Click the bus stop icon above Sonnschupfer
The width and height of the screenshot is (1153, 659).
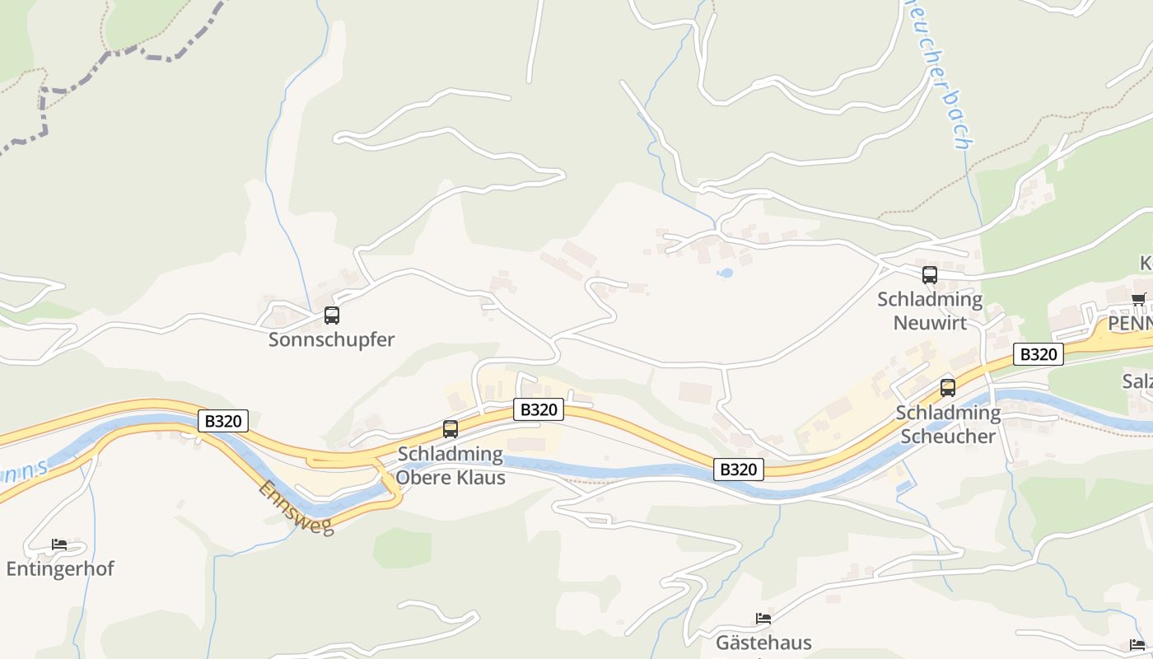[x=332, y=315]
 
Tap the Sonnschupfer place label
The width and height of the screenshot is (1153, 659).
[x=332, y=339]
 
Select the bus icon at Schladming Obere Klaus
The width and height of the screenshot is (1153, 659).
[x=450, y=428]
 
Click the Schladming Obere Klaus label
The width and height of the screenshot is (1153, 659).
[x=450, y=465]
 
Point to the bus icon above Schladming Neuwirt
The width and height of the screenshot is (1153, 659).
[x=930, y=275]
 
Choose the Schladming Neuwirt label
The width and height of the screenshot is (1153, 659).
[x=930, y=310]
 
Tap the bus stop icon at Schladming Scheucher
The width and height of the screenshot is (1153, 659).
[x=948, y=387]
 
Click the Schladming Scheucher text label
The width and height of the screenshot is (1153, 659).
[x=948, y=423]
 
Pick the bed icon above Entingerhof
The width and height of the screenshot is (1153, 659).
[x=59, y=544]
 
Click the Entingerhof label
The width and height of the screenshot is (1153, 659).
[x=60, y=568]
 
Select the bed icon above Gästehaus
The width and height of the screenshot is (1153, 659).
[x=763, y=619]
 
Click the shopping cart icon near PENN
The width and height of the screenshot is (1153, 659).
[x=1138, y=300]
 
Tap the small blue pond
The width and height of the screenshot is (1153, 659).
[x=725, y=273]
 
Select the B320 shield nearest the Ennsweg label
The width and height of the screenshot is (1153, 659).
[x=223, y=421]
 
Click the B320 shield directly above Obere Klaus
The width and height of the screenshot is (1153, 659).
[x=539, y=409]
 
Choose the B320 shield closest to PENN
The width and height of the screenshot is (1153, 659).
[x=1038, y=354]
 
